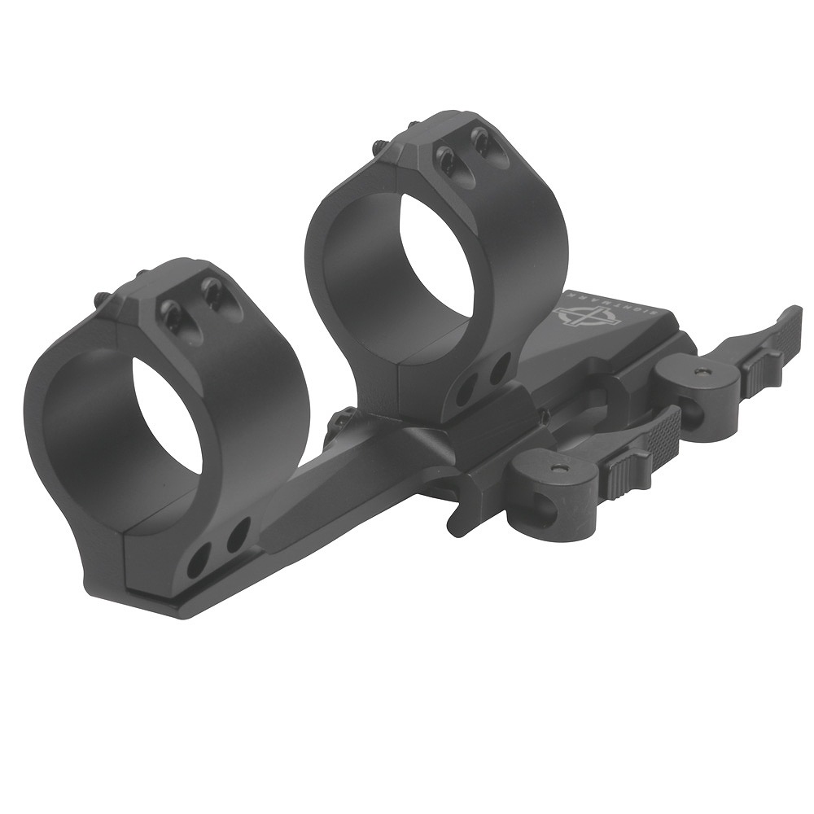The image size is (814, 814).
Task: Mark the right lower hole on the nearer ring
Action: tap(237, 536)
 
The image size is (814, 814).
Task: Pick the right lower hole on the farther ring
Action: tap(498, 368)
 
